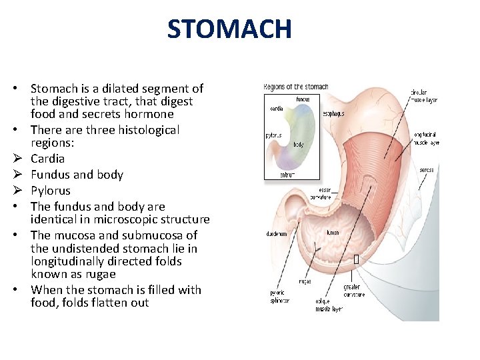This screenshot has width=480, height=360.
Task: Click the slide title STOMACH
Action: pyautogui.click(x=229, y=29)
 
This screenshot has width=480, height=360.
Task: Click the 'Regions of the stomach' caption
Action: pyautogui.click(x=296, y=87)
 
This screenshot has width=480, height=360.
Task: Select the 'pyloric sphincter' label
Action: pyautogui.click(x=280, y=297)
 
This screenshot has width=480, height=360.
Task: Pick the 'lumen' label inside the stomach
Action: pyautogui.click(x=332, y=233)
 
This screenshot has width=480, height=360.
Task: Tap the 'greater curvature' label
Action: pyautogui.click(x=354, y=291)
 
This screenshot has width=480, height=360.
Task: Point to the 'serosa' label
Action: pyautogui.click(x=427, y=170)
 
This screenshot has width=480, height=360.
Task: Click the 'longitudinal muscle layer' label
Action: pyautogui.click(x=426, y=139)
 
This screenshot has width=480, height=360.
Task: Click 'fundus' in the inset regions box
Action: pyautogui.click(x=303, y=99)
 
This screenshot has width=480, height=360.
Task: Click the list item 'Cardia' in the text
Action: pyautogui.click(x=48, y=159)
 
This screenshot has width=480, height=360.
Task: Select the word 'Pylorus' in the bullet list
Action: pyautogui.click(x=51, y=191)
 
